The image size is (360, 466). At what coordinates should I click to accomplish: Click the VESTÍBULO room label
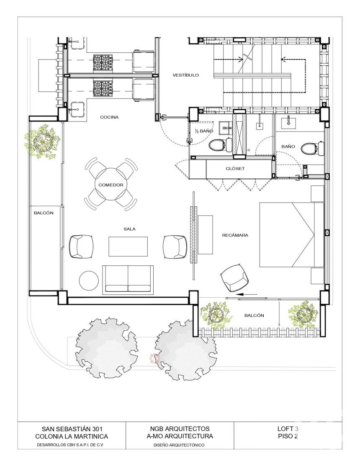185,75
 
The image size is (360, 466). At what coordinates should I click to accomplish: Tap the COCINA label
109,117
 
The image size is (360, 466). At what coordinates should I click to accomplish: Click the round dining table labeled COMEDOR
111,185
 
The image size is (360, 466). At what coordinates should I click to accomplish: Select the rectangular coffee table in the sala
128,246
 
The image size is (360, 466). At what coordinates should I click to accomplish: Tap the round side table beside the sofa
88,280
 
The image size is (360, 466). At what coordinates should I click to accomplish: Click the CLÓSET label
235,168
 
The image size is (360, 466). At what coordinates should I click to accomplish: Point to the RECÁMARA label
235,235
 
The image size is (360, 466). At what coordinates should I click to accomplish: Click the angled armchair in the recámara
235,278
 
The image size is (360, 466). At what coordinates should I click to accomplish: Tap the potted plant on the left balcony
43,142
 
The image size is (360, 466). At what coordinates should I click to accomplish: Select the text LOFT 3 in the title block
288,429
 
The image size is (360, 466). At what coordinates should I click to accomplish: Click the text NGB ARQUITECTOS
180,429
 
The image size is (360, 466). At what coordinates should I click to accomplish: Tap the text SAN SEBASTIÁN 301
72,429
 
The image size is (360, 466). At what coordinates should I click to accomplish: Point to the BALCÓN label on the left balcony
44,213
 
